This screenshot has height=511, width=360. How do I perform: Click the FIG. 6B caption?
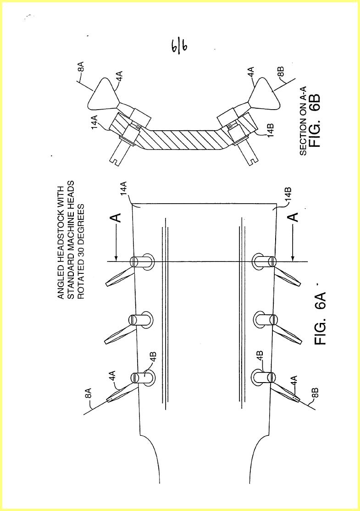point(315,121)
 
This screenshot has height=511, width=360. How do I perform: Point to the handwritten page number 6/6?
point(179,48)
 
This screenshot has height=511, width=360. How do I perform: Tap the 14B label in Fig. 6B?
point(270,130)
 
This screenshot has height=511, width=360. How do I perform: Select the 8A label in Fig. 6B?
point(82,67)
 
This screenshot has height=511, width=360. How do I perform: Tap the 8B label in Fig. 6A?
point(315,392)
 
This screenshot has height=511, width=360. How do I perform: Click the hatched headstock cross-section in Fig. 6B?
point(183,139)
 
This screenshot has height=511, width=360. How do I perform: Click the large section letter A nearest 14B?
point(294,217)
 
